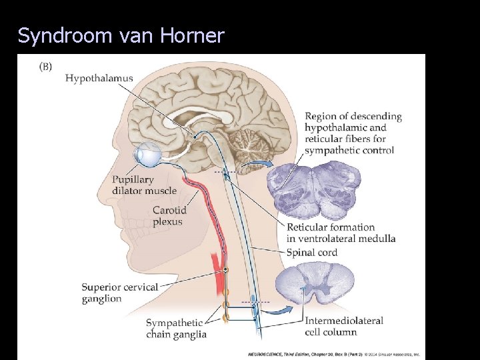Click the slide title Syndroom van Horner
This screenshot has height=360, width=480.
click(121, 35)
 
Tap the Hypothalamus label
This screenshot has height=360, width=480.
click(99, 78)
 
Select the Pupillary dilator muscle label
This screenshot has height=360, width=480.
click(145, 185)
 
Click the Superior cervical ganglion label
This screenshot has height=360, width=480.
click(120, 293)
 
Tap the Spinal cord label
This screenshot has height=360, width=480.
click(311, 253)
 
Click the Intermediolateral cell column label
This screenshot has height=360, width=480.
click(343, 326)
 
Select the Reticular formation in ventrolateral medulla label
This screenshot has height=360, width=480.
click(341, 233)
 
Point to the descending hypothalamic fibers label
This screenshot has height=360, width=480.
click(353, 133)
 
